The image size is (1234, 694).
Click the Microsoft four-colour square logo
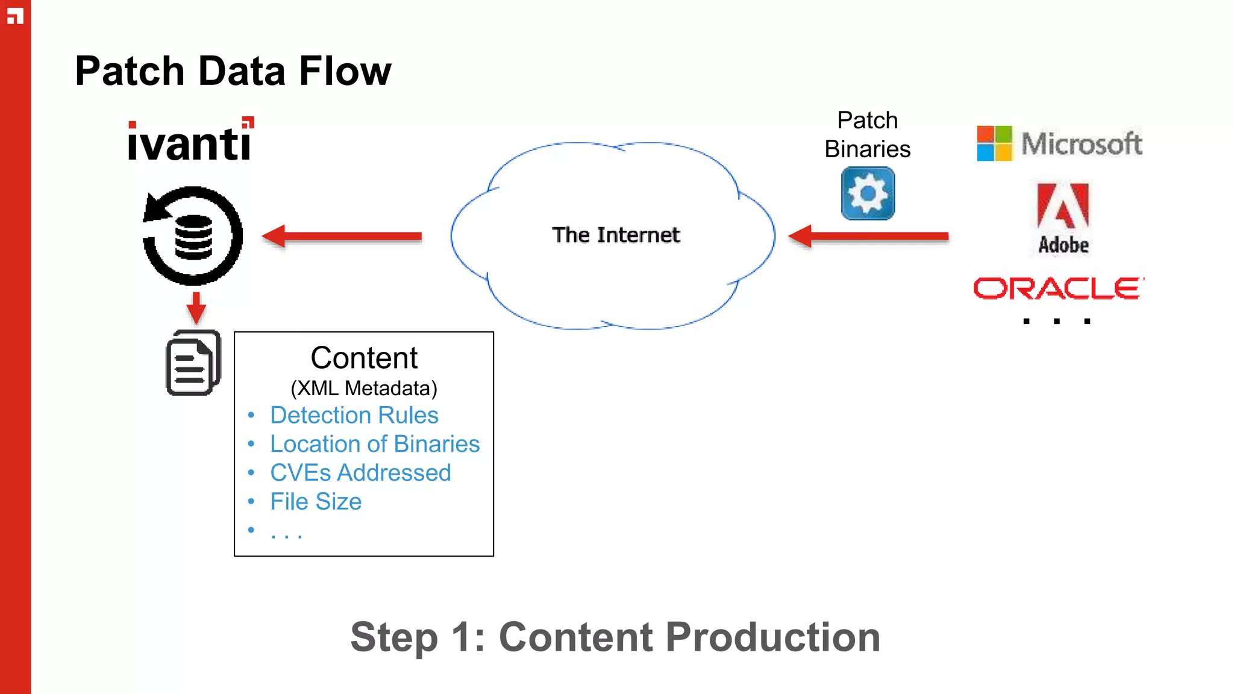pos(994,143)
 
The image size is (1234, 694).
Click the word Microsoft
pos(1082,143)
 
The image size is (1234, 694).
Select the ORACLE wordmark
pos(1058,289)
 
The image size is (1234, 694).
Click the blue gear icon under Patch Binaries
pos(868,194)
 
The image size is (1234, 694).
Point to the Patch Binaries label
pos(868,135)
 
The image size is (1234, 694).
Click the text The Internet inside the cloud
pos(616,235)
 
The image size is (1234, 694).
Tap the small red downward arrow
pos(196,308)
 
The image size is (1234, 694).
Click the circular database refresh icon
pos(193,236)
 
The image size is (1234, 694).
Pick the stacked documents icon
pos(193,363)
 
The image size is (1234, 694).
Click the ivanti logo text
pos(190,141)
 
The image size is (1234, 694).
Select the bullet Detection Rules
pos(354,415)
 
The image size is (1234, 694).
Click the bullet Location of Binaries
pos(374,444)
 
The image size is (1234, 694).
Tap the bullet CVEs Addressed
pos(360,473)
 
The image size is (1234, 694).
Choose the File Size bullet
pos(316,502)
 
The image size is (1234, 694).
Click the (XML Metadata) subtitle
pos(364,389)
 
